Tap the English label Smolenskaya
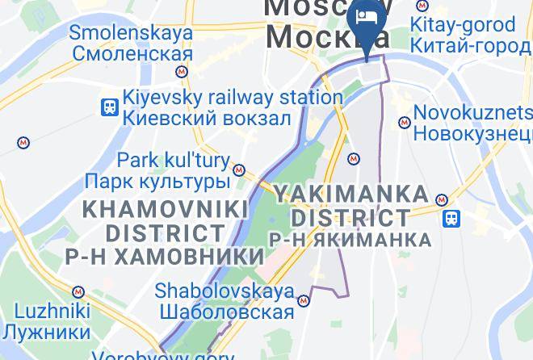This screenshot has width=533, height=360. point(131,33)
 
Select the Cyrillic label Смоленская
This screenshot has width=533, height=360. point(132,54)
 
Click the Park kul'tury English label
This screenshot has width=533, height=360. point(173,160)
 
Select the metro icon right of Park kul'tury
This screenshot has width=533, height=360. point(238,170)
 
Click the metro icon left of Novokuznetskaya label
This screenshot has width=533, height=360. point(404,123)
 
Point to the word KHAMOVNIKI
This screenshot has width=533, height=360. point(166,209)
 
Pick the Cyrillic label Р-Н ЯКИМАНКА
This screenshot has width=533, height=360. point(349,240)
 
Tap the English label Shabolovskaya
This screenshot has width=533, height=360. point(223,290)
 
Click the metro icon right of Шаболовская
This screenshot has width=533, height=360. point(304,301)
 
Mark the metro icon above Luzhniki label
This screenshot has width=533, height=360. point(78,291)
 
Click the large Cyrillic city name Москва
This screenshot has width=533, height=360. point(327,36)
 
